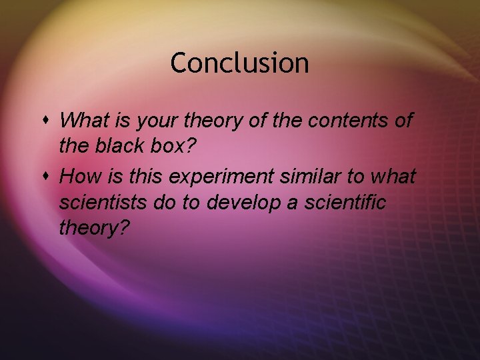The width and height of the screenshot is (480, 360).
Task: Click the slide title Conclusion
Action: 239,63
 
